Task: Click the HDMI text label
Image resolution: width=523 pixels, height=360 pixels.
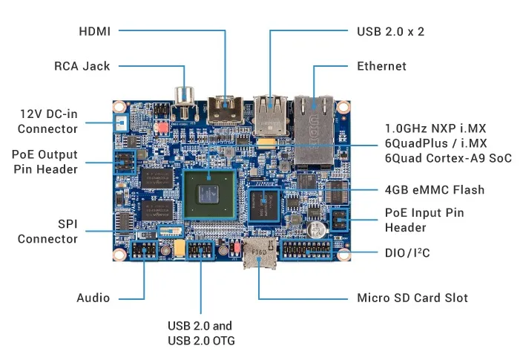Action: coord(94,31)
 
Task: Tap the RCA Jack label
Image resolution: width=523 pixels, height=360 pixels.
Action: coord(82,66)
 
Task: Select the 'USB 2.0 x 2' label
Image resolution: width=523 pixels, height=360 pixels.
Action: coord(390,31)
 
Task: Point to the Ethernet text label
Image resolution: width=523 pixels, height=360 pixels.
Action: coord(381,66)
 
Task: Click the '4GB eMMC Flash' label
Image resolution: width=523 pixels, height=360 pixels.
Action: coord(434,190)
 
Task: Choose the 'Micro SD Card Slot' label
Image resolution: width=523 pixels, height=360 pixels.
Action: coord(412,298)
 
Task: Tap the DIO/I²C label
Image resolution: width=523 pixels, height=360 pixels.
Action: coord(407,253)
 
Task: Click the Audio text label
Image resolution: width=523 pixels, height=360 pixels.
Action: coord(93,298)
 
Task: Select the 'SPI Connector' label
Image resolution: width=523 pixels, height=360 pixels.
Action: coord(47,231)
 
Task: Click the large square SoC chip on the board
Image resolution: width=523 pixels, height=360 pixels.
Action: coord(211,194)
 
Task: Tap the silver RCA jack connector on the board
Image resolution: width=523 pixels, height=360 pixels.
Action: coord(183,100)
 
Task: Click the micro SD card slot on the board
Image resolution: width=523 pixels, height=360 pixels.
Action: coord(257,255)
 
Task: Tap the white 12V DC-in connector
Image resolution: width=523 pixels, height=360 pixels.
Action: coord(119,121)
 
